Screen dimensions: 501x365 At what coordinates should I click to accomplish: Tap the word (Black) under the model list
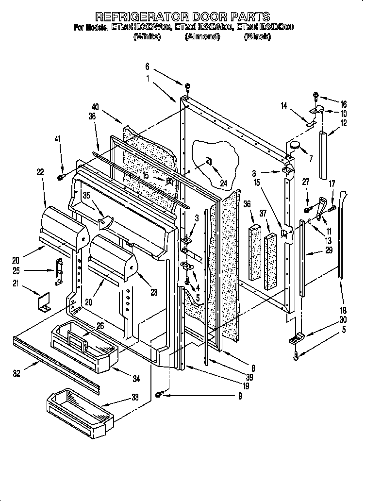[257, 37]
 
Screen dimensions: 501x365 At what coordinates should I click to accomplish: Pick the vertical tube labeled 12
[323, 154]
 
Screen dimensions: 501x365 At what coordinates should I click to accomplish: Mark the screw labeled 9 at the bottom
[159, 396]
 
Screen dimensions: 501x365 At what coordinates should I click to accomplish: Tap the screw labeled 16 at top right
[315, 96]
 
